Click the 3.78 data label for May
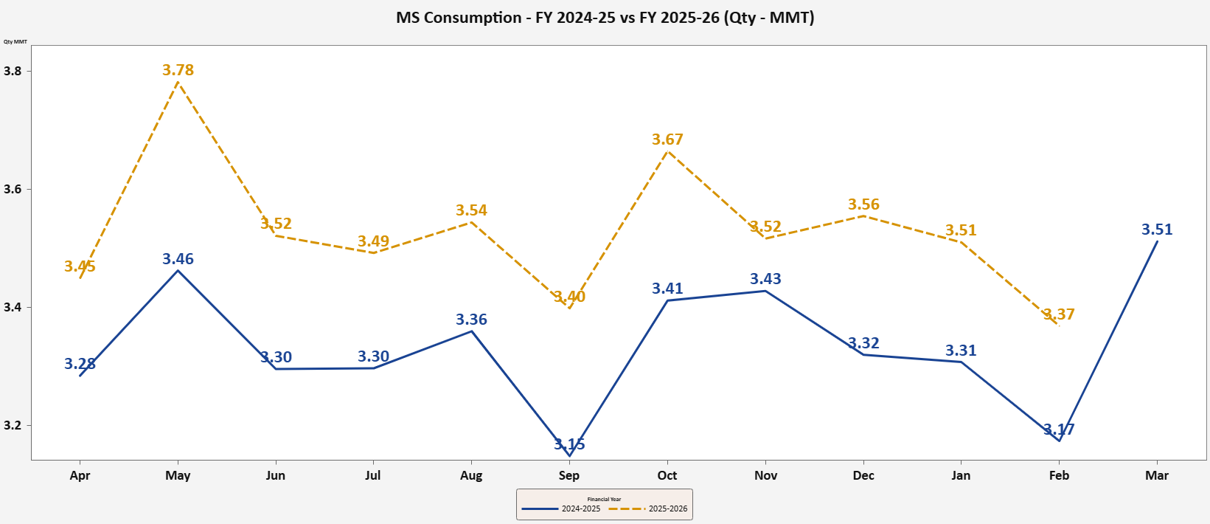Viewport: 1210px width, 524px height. [178, 70]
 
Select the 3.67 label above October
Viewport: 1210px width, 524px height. [667, 139]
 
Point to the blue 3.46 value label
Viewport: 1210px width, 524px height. [178, 259]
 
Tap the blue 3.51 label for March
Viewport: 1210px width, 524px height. [1156, 230]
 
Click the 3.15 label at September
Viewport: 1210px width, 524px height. [569, 444]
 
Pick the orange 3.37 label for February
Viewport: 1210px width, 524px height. [1059, 314]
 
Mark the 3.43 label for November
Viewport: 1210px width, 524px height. [765, 279]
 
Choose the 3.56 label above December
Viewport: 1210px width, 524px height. [863, 204]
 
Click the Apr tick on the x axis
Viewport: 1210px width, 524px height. [80, 475]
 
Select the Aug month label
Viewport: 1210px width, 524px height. [471, 475]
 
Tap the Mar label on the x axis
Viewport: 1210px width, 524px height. [1156, 475]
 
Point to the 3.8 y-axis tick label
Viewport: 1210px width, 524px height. [13, 72]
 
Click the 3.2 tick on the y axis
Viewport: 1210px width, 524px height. [13, 426]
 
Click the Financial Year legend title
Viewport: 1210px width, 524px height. [604, 500]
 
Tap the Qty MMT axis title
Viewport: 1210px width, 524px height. [15, 42]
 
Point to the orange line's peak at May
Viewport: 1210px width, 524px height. [178, 83]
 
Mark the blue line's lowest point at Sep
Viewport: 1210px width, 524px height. [569, 455]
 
